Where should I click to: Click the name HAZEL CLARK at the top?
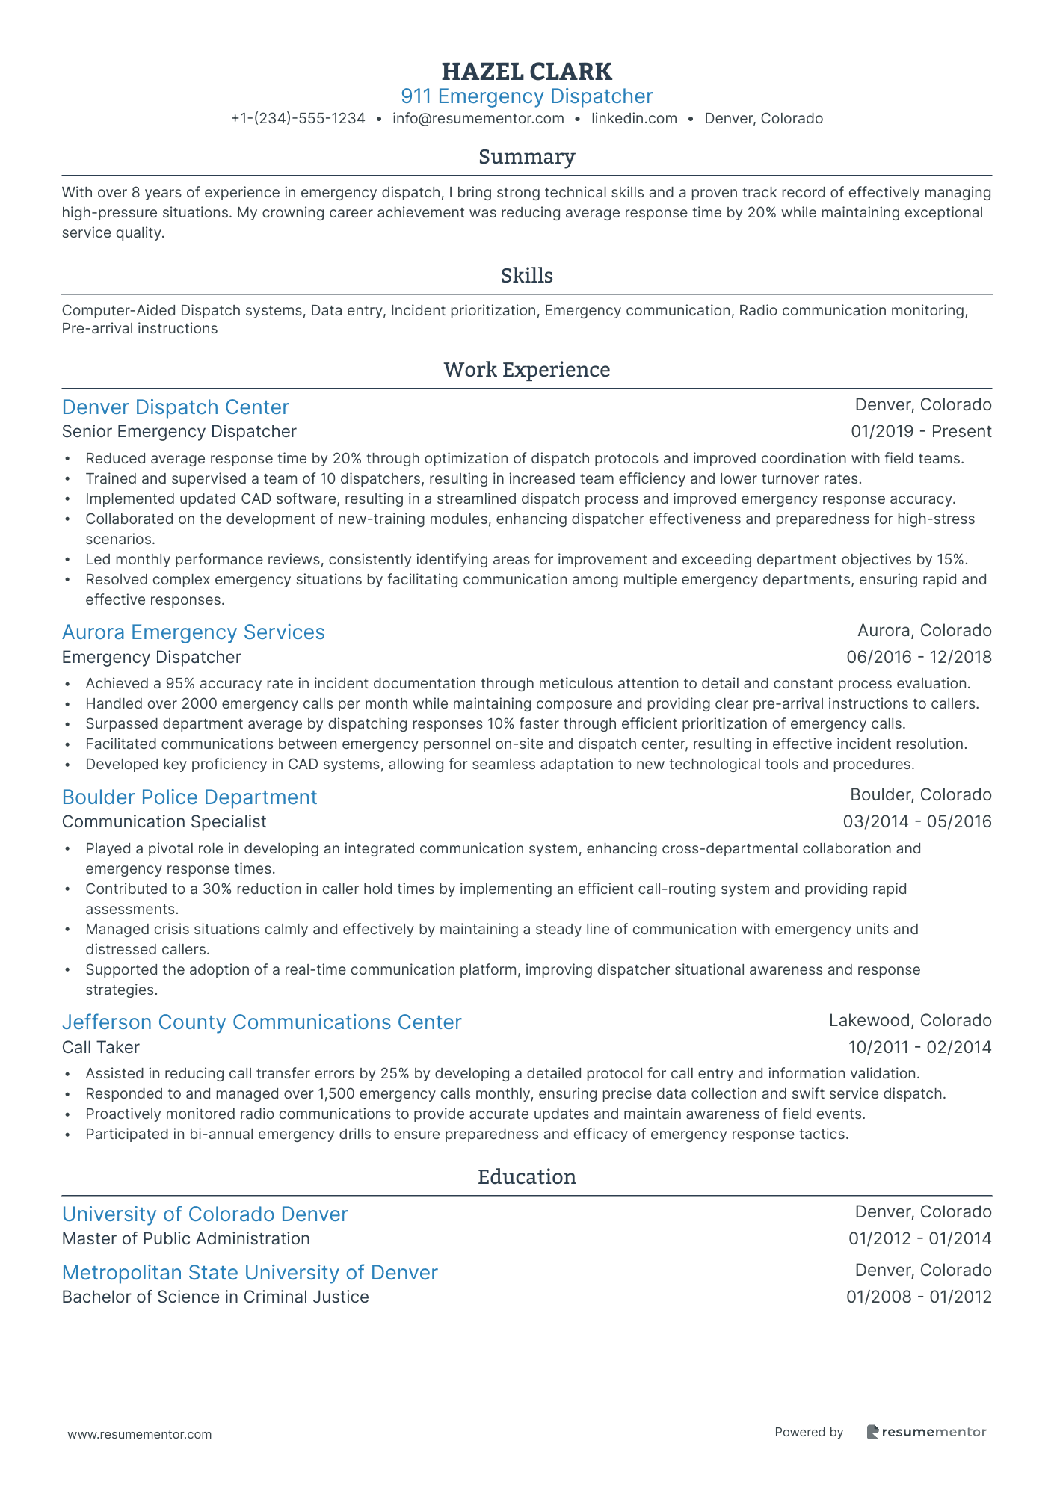pyautogui.click(x=526, y=72)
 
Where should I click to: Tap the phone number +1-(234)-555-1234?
pyautogui.click(x=298, y=118)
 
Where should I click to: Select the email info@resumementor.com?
pyautogui.click(x=478, y=118)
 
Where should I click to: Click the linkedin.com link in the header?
pyautogui.click(x=634, y=118)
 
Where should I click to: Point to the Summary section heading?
pyautogui.click(x=526, y=157)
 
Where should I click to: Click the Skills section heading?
pyautogui.click(x=526, y=276)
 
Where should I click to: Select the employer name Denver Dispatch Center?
pyautogui.click(x=175, y=407)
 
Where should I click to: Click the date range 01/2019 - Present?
pyautogui.click(x=920, y=432)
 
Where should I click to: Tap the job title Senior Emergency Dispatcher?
pyautogui.click(x=179, y=432)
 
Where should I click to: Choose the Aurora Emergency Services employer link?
pyautogui.click(x=193, y=632)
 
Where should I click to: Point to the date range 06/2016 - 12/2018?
pyautogui.click(x=918, y=658)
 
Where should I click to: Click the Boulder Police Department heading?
pyautogui.click(x=189, y=797)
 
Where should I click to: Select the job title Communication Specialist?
pyautogui.click(x=164, y=822)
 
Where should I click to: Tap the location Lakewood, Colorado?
pyautogui.click(x=910, y=1021)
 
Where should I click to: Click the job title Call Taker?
pyautogui.click(x=100, y=1048)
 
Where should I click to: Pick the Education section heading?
pyautogui.click(x=526, y=1177)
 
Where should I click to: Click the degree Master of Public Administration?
pyautogui.click(x=185, y=1239)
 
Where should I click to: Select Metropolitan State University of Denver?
pyautogui.click(x=250, y=1273)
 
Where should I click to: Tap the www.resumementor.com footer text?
pyautogui.click(x=140, y=1434)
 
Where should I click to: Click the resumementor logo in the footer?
pyautogui.click(x=926, y=1432)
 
